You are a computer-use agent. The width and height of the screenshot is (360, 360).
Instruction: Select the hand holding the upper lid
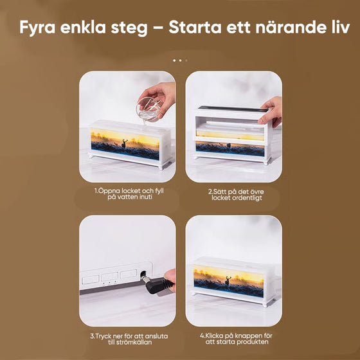(x=271, y=111)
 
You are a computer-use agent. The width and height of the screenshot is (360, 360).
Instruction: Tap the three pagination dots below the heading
(x=179, y=60)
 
